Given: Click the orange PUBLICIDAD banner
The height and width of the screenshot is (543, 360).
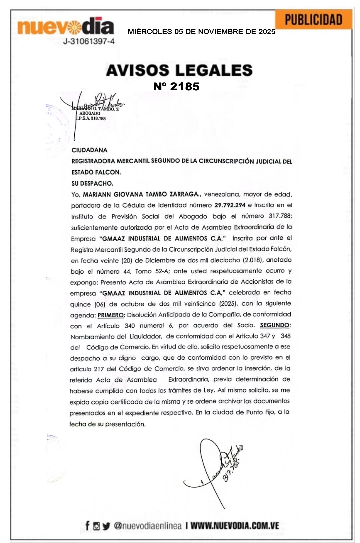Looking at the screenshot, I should click(313, 20).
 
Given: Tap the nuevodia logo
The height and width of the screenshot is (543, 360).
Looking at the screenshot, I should click(66, 27).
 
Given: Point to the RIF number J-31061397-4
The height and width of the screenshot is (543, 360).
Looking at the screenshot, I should click(89, 42).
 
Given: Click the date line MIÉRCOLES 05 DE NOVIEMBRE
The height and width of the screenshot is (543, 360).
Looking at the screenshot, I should click(201, 32).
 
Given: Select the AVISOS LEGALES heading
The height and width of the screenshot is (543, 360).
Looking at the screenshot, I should click(179, 70).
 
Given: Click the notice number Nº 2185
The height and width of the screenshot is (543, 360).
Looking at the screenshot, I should click(176, 86).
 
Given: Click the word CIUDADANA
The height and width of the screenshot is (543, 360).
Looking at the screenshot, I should click(89, 150).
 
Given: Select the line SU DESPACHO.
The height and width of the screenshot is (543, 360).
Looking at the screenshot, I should click(92, 183).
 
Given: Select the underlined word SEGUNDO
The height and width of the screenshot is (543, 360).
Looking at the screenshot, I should click(275, 325).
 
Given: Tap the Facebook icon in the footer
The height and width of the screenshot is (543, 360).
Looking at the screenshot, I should click(87, 526).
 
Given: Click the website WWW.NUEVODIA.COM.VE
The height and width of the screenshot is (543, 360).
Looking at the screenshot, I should click(235, 526).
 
